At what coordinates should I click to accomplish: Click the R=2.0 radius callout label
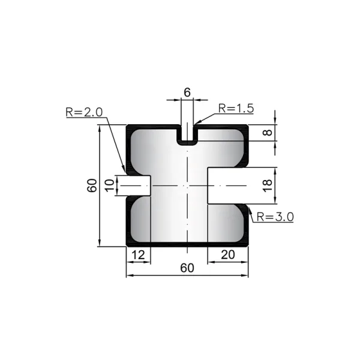[84, 112]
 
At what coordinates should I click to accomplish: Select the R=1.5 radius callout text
[236, 109]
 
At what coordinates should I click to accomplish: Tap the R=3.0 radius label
[275, 217]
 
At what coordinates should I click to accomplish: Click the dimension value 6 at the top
[187, 92]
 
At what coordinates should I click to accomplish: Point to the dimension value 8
[268, 133]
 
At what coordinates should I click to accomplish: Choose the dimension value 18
[268, 185]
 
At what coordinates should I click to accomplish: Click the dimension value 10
[110, 185]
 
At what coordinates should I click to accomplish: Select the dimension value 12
[139, 255]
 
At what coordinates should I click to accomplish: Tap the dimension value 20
[228, 255]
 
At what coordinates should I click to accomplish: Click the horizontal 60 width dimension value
[187, 268]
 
